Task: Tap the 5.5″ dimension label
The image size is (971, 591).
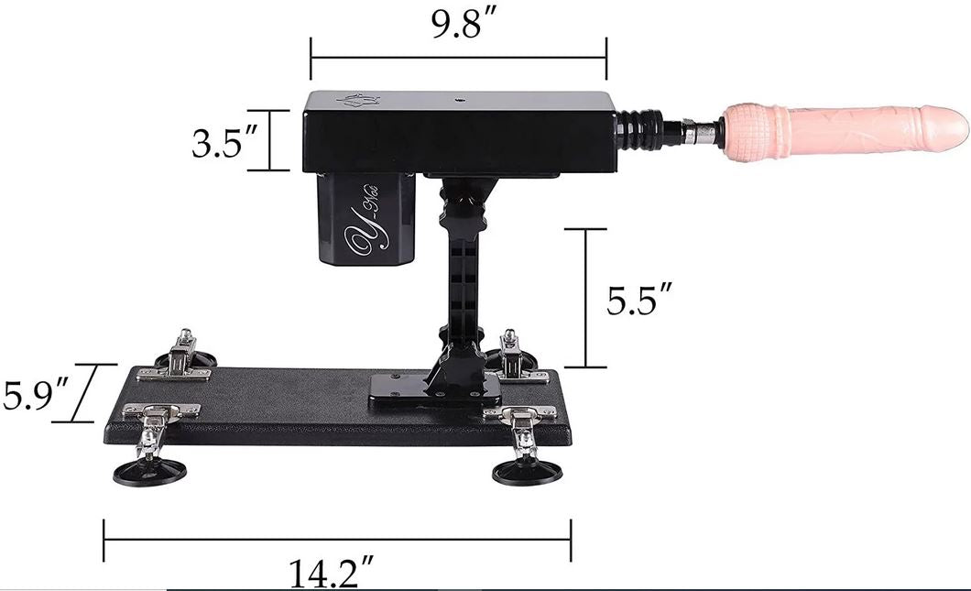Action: (x=640, y=300)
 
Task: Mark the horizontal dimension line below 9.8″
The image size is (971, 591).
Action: (x=458, y=57)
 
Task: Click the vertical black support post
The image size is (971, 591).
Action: (x=461, y=275)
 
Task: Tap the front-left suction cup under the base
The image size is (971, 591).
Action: (x=149, y=472)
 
